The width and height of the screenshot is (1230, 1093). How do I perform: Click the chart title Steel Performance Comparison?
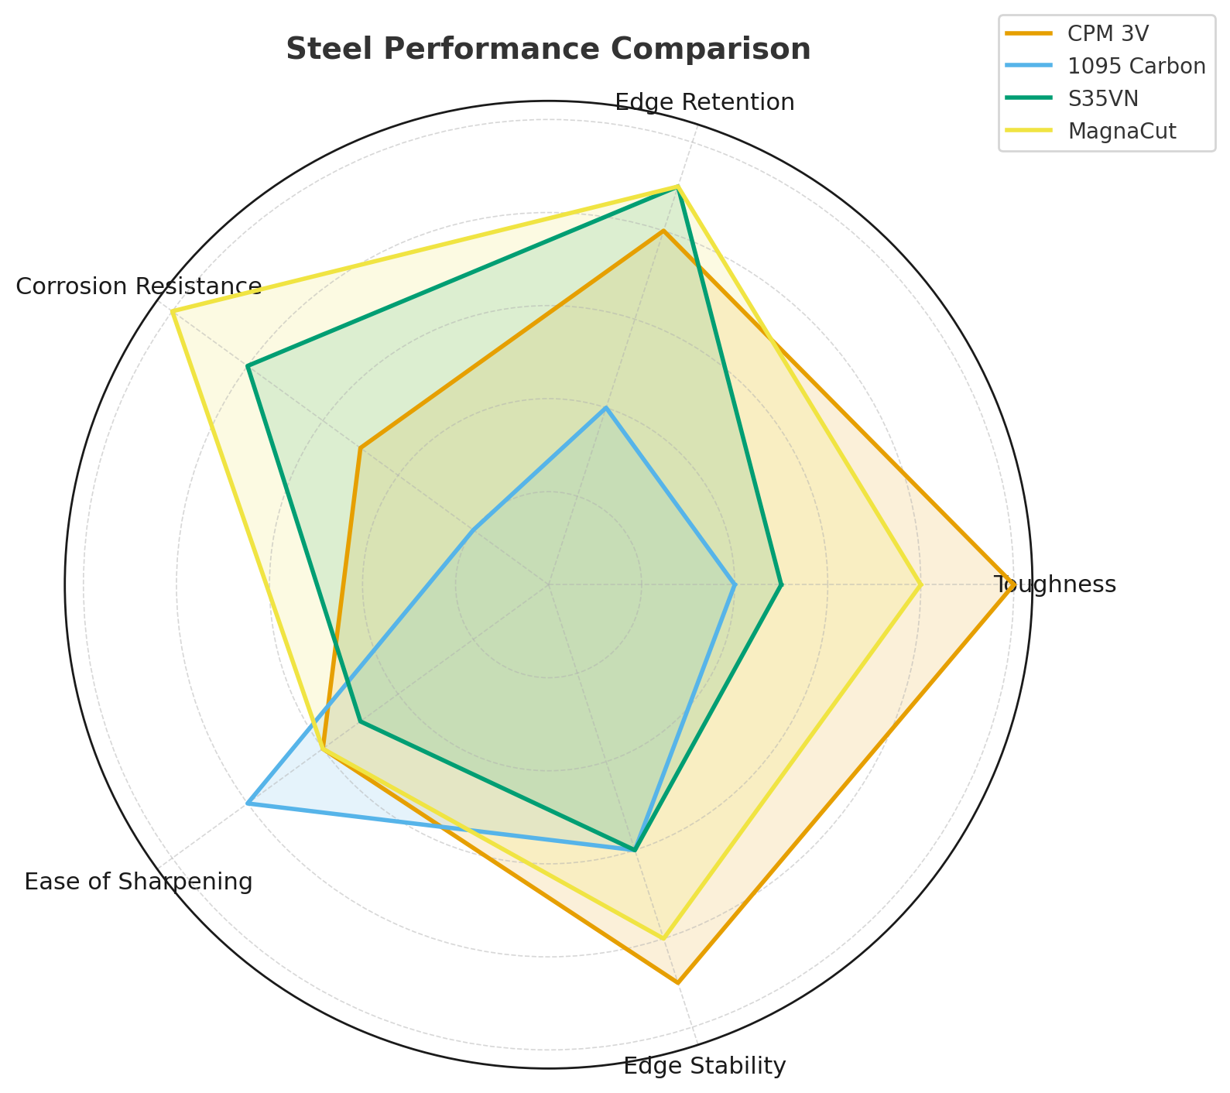[548, 50]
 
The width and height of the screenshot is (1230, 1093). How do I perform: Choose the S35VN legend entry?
[1103, 98]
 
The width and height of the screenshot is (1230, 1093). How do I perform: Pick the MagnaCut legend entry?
[1122, 131]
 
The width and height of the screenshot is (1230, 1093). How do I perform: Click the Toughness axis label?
[1054, 584]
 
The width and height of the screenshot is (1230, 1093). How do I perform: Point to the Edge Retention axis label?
[704, 102]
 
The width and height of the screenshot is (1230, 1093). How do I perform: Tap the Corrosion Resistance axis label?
[139, 286]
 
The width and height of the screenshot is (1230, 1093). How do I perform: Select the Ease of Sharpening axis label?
[139, 882]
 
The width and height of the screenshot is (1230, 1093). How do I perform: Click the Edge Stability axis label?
[704, 1067]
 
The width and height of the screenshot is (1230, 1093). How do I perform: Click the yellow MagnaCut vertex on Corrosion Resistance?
[173, 311]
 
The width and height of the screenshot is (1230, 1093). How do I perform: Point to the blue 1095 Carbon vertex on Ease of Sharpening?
[248, 803]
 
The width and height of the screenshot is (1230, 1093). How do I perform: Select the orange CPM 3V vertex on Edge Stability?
[677, 982]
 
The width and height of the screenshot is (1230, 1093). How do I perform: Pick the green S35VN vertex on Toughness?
[781, 584]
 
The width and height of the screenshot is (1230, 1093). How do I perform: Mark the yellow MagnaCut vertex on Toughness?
[920, 584]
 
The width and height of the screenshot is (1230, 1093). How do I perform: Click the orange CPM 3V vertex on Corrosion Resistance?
[361, 447]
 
